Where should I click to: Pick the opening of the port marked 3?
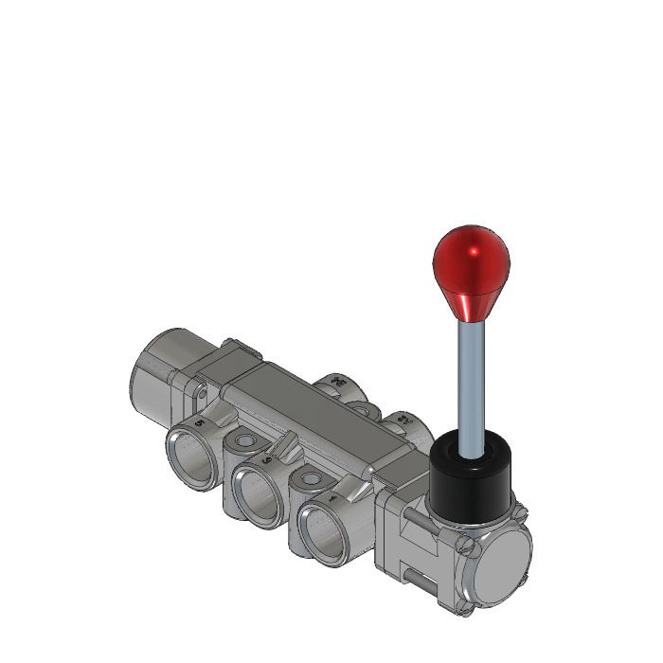click(x=258, y=492)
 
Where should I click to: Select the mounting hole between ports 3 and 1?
click(x=309, y=479)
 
